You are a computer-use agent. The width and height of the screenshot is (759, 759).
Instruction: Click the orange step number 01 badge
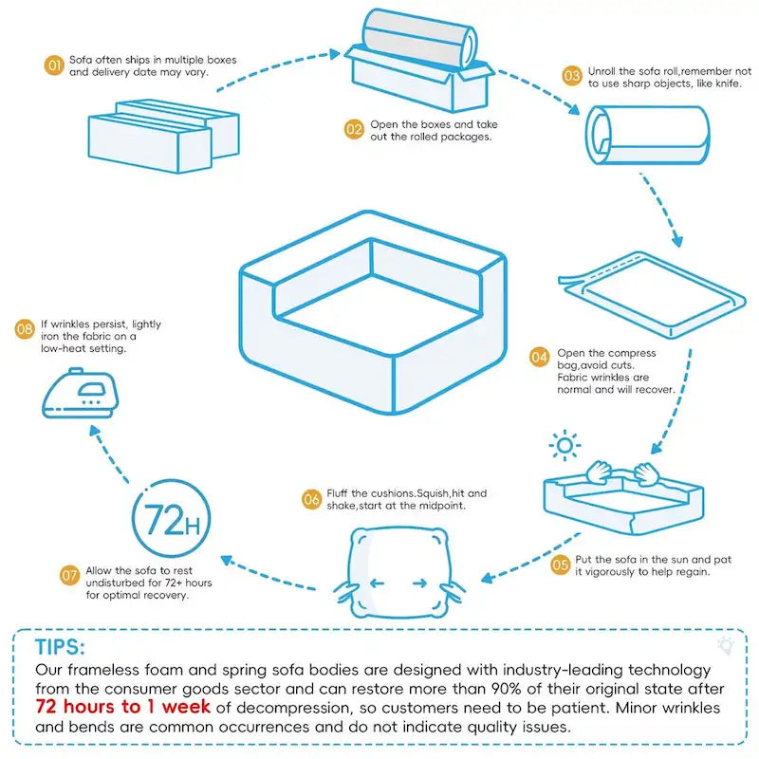click(x=54, y=65)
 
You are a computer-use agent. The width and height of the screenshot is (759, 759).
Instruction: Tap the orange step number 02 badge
click(x=354, y=130)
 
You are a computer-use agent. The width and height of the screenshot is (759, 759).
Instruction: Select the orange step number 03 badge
click(x=572, y=76)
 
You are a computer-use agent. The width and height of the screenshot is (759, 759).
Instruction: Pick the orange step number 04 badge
click(x=539, y=358)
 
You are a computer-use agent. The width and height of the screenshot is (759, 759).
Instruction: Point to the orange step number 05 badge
click(x=561, y=565)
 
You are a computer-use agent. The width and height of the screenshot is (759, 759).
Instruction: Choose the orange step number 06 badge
click(x=310, y=499)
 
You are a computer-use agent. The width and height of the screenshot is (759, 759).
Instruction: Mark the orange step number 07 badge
click(x=69, y=575)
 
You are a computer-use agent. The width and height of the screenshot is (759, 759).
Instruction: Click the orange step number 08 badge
click(x=26, y=329)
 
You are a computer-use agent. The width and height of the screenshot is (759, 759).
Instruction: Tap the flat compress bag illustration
click(x=646, y=289)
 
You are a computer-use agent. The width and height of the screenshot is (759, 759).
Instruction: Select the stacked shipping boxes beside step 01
click(x=163, y=133)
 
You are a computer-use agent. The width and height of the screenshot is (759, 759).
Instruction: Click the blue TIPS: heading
click(x=60, y=647)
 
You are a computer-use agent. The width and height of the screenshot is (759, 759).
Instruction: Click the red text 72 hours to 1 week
click(x=122, y=707)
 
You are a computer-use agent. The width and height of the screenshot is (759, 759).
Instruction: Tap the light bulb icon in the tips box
click(x=727, y=645)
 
